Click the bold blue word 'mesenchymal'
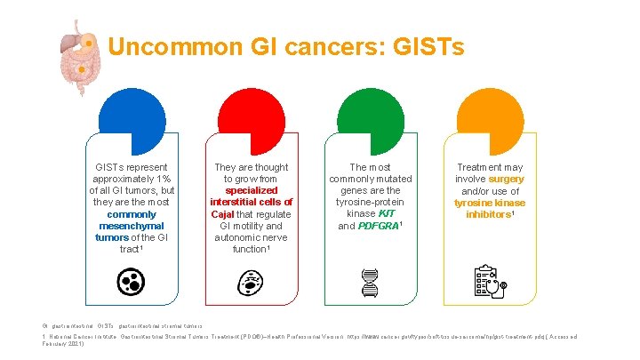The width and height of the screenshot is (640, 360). click(132, 226)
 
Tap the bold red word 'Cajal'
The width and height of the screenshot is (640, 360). click(224, 214)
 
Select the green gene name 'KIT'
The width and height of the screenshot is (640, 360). click(387, 214)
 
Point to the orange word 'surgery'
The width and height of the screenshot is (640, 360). click(506, 179)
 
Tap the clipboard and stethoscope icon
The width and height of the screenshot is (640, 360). click(489, 282)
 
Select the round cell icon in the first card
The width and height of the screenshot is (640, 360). click(132, 282)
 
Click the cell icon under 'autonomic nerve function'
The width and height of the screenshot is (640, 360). click(251, 282)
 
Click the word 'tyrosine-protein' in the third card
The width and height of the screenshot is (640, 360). click(370, 203)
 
